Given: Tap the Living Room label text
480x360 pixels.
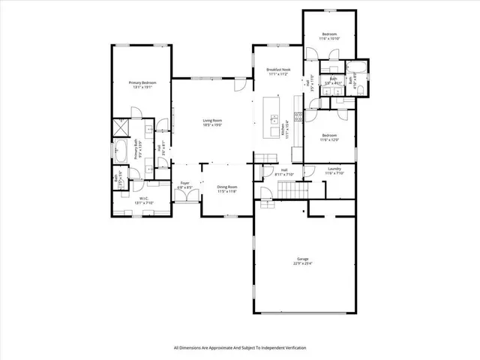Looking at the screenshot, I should coord(213,123).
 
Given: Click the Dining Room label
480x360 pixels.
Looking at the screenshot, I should coord(227,189).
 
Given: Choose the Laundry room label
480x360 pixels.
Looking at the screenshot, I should coord(335,172).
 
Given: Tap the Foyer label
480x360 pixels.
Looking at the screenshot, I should coord(184,184).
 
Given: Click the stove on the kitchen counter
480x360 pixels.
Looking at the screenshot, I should coord(298,116).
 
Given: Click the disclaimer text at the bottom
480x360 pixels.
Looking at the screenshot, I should coord(240,347).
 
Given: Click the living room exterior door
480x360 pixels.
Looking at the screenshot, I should coord(241,84).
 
